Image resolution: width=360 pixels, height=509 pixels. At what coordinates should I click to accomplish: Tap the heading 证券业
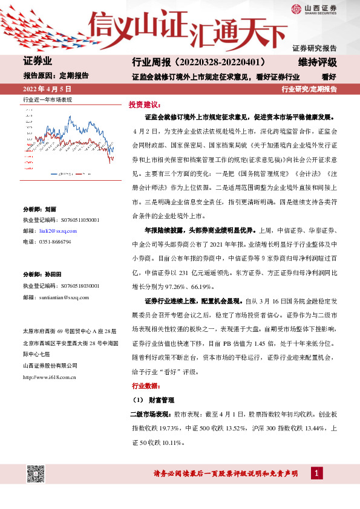coord(38,62)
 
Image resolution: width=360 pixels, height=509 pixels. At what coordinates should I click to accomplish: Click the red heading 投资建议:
coord(143,104)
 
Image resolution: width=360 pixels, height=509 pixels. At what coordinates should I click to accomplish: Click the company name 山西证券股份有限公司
coord(50,366)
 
